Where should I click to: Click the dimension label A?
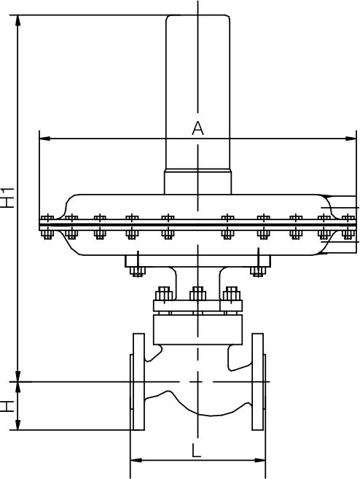coord(197,128)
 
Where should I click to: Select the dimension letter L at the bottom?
coord(196,451)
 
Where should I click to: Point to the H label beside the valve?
coord(7,406)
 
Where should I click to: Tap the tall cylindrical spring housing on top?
coord(197,91)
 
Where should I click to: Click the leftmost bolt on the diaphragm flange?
coord(48,225)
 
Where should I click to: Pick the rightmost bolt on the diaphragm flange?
coord(347,225)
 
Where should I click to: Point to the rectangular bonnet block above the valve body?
coord(197,330)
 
